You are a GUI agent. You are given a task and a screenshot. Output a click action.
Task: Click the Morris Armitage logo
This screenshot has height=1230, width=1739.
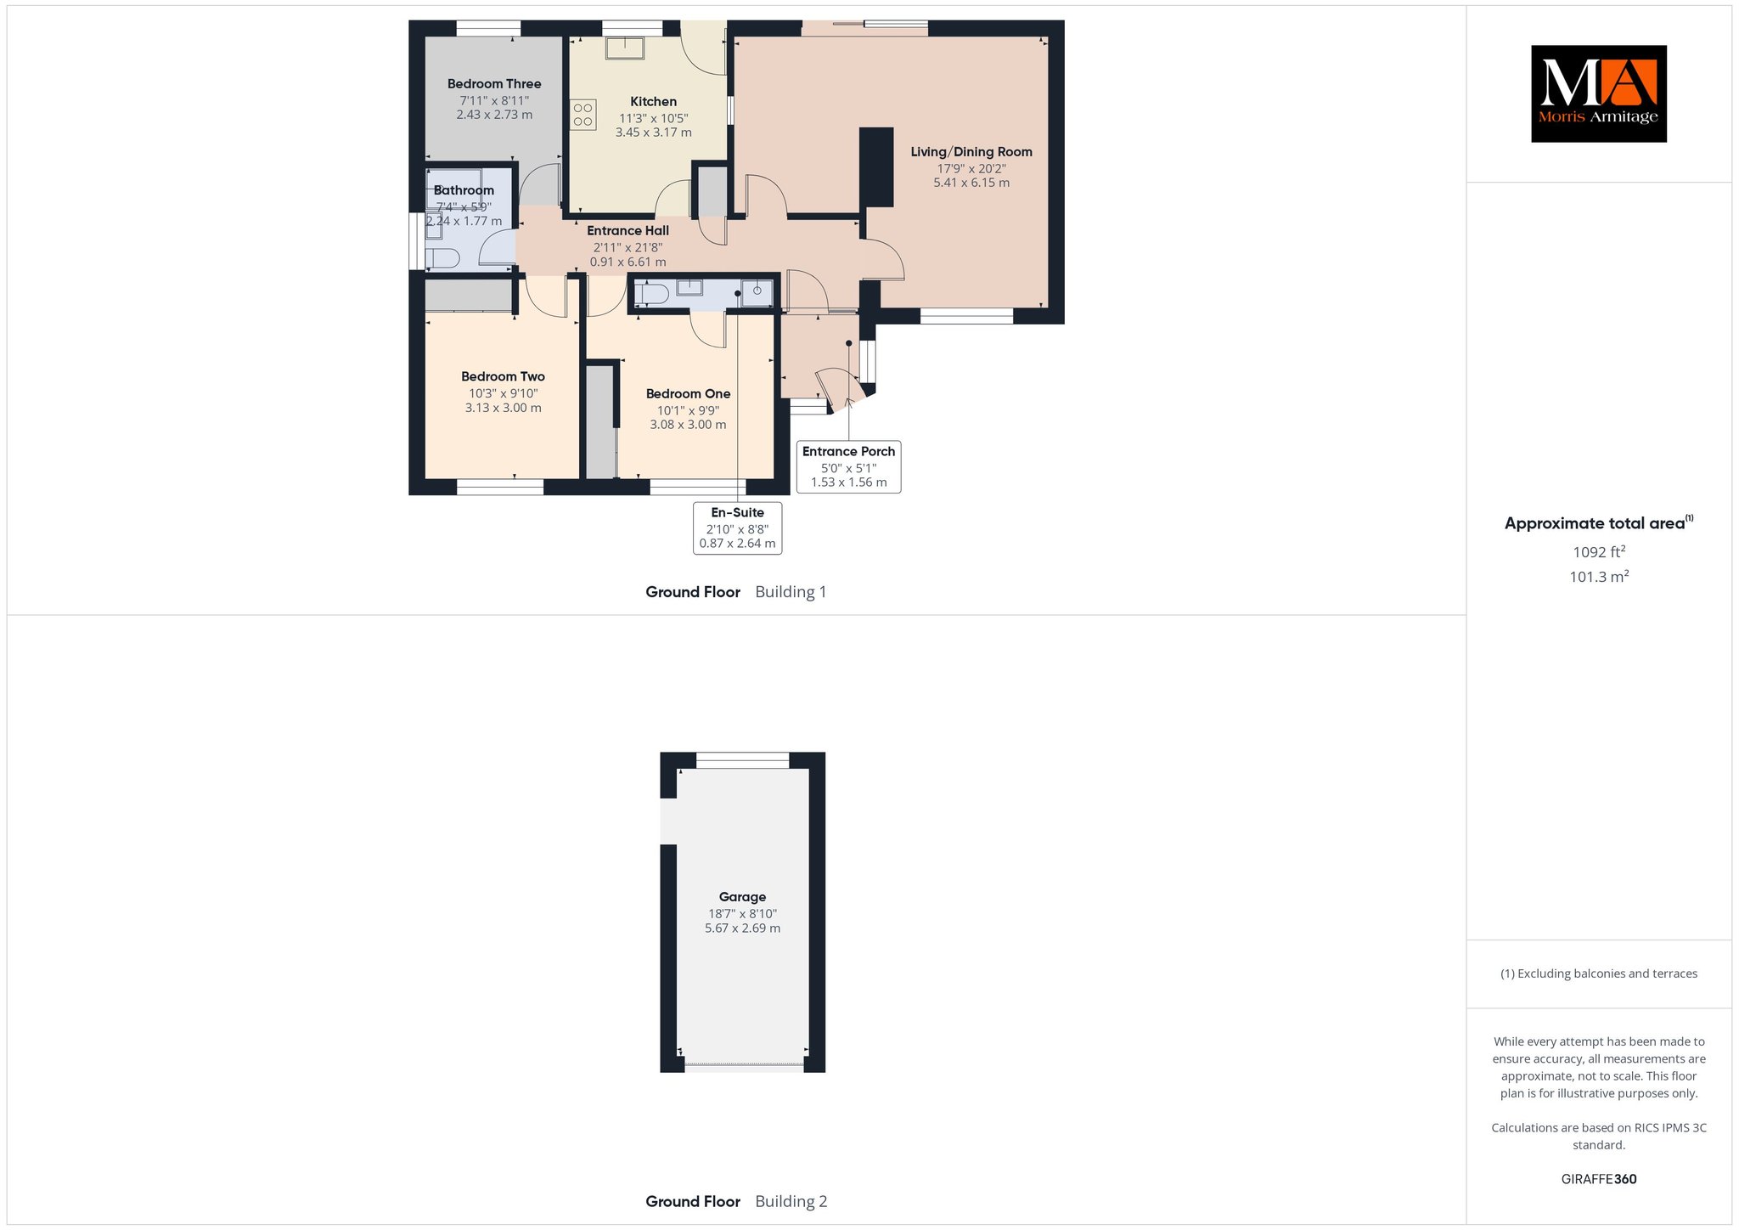point(1598,93)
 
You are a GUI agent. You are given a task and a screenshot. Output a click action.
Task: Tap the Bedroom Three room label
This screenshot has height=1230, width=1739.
point(494,84)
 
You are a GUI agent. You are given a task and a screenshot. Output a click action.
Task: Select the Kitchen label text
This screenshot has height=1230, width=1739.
point(654,102)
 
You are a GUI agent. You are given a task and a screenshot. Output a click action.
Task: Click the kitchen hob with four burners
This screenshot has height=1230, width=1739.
point(583,115)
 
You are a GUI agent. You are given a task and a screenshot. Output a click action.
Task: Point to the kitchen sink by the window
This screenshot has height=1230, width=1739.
point(625,48)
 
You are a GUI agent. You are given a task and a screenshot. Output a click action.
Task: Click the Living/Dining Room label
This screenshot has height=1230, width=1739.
point(971,152)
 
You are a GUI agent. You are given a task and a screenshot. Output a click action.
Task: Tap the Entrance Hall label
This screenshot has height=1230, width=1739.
point(628,231)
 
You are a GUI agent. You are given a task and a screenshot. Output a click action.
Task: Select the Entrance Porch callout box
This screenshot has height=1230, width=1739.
point(849,466)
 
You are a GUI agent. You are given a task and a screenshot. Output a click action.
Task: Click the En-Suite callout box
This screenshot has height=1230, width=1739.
point(737,528)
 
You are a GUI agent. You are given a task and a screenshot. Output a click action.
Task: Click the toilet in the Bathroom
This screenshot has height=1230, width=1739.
point(442,258)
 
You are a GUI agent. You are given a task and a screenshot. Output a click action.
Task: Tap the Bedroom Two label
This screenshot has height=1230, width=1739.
point(503,377)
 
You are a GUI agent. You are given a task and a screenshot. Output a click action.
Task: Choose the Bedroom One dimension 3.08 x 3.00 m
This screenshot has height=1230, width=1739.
point(688,425)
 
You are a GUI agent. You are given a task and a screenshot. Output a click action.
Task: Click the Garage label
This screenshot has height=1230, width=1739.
point(742,897)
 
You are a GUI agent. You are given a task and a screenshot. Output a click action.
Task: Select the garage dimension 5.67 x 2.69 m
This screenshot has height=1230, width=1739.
point(742,928)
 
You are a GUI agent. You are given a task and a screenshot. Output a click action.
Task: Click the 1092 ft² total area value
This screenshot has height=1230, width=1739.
point(1599,552)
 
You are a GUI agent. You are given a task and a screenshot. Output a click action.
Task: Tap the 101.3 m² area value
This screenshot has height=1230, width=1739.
point(1599,577)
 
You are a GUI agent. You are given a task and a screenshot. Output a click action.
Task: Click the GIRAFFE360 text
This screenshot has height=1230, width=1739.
point(1599,1179)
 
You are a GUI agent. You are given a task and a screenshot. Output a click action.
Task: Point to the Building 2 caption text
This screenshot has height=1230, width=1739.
point(791,1202)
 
